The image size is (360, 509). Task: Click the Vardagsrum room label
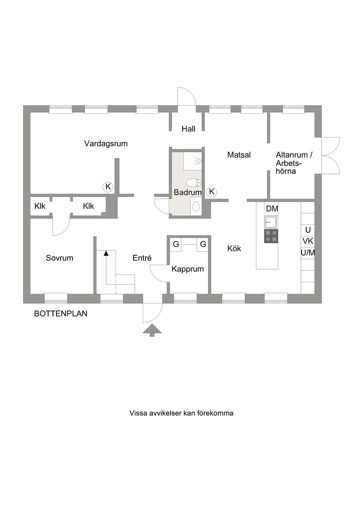[x=106, y=144]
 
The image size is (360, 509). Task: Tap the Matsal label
[x=239, y=155]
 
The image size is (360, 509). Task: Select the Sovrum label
[x=60, y=258]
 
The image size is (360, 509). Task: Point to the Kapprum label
[x=188, y=269]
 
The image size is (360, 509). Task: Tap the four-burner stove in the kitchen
[x=271, y=236]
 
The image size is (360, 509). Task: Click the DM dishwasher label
[x=272, y=209]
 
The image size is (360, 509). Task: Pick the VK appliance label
[x=308, y=241]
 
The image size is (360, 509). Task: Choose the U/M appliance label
[x=308, y=253]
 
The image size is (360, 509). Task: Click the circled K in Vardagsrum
[x=108, y=187]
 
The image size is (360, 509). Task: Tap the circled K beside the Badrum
[x=212, y=192]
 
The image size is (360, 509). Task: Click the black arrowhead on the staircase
[x=106, y=253]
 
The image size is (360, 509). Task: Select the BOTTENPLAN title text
[x=61, y=314]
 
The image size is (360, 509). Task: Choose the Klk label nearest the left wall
[x=40, y=206]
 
